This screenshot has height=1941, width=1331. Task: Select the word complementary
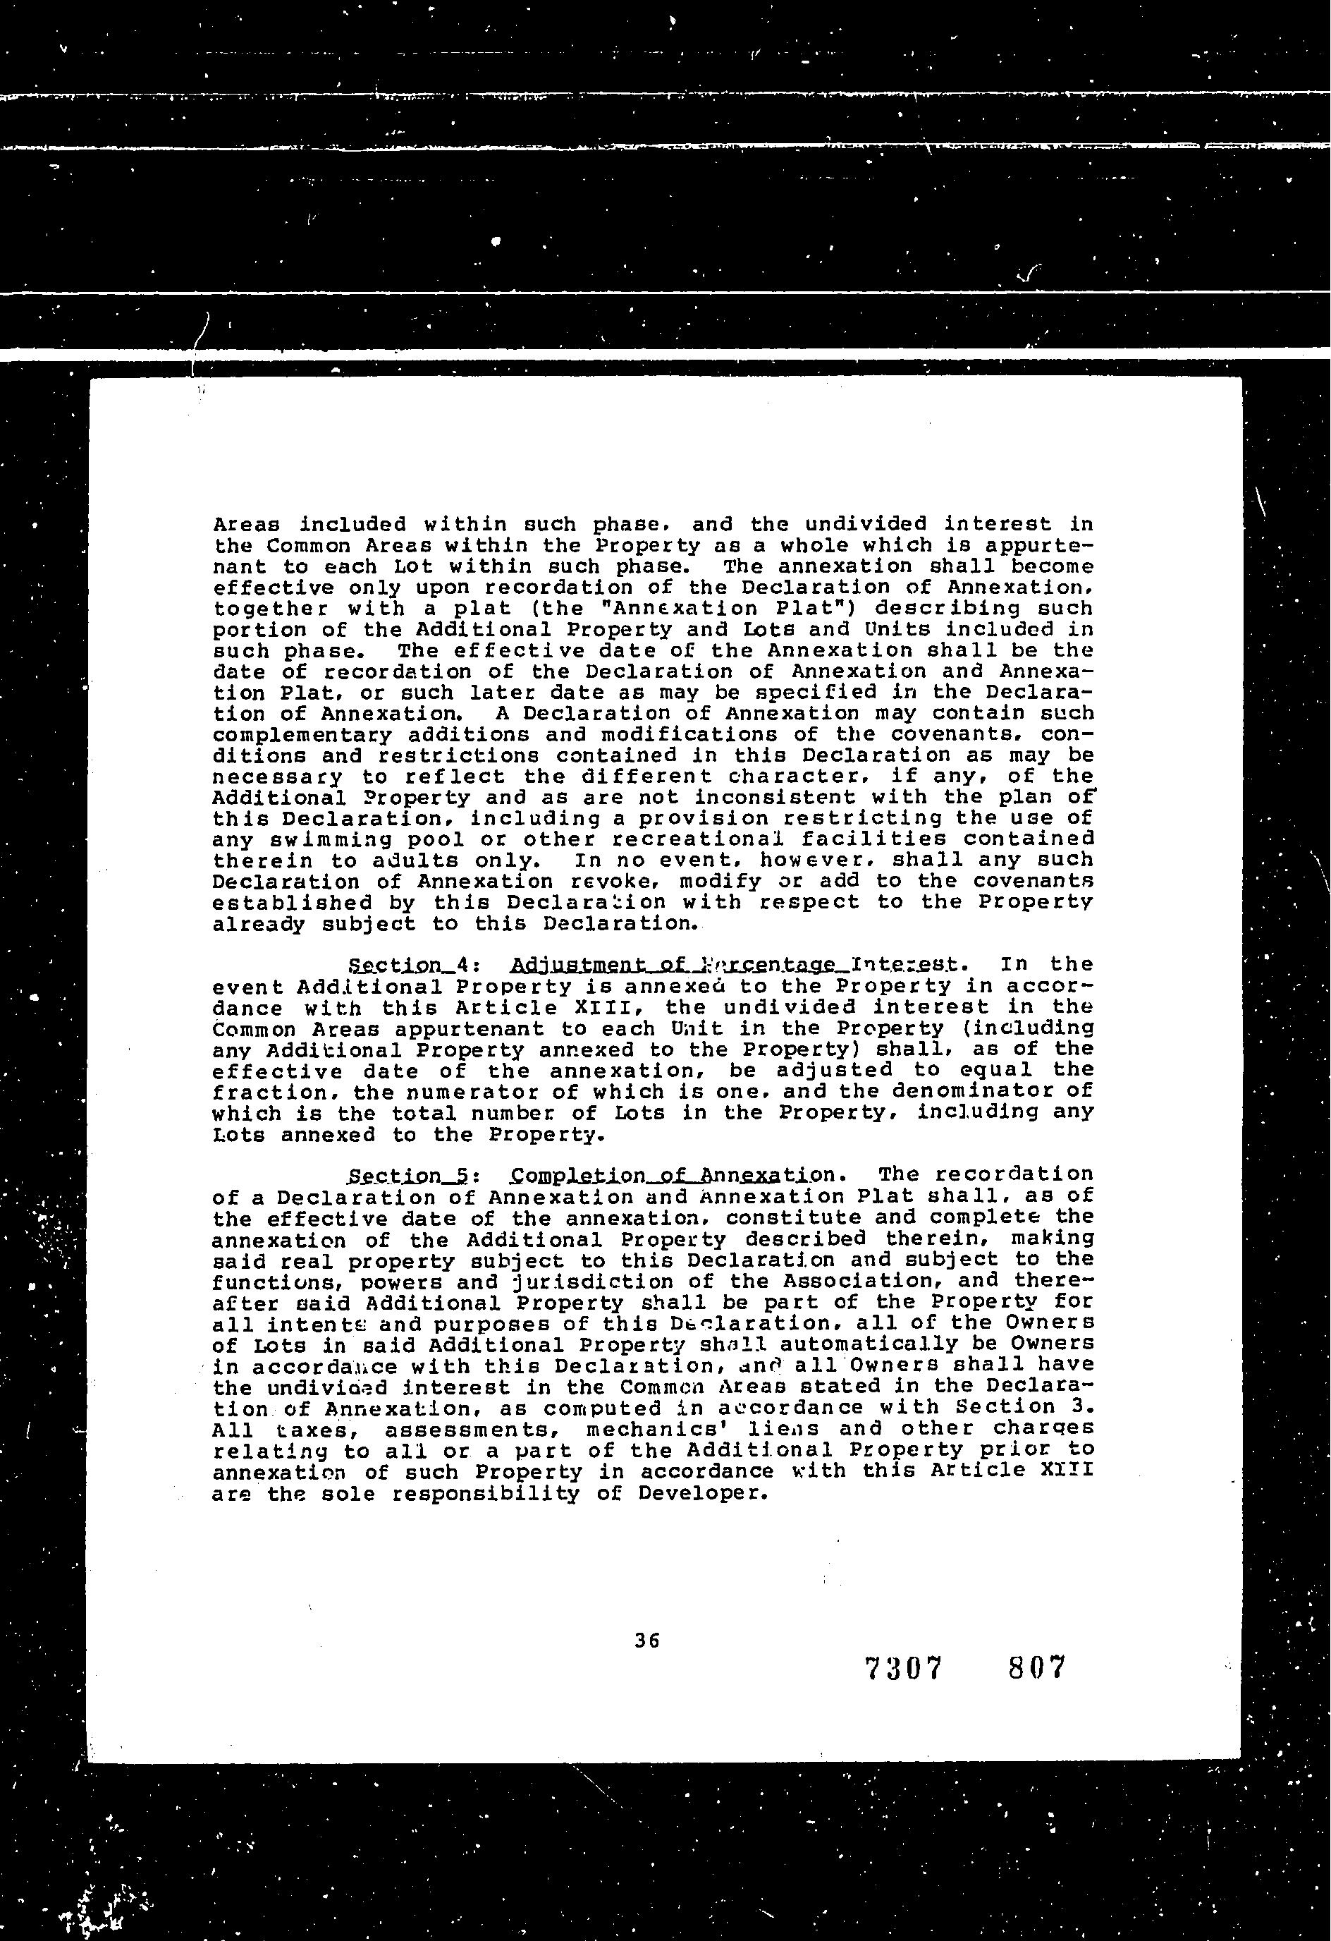[x=302, y=735]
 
